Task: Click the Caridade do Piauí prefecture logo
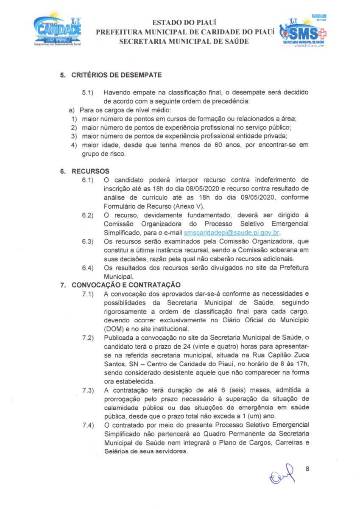58,31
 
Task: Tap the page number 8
307,469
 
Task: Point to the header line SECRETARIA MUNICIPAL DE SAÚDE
184,41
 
